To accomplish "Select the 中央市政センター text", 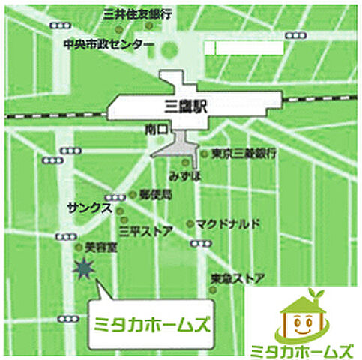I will click(x=109, y=44).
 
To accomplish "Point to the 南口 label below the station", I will click(x=155, y=130).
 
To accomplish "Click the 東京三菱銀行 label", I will click(x=244, y=154).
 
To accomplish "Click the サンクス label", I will click(x=88, y=207).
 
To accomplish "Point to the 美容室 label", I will click(x=98, y=246).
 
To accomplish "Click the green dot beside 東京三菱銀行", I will click(x=205, y=154).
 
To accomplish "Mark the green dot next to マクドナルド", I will click(x=190, y=223).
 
